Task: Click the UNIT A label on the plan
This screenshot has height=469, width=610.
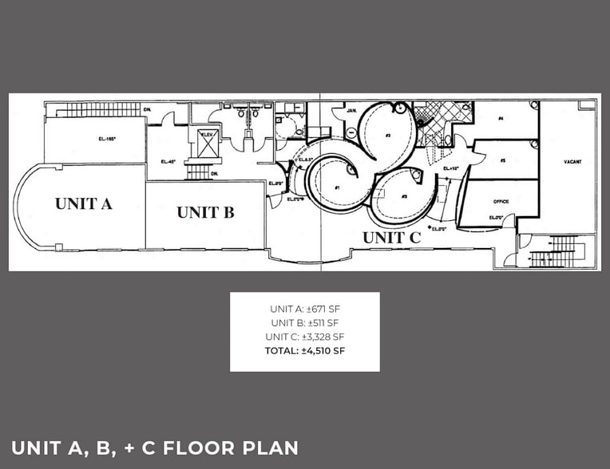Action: coord(84,203)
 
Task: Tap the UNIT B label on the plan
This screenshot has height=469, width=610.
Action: coord(205,212)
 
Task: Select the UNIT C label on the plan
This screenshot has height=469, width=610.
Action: coord(391,237)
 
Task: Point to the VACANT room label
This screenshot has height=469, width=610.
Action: coord(572,162)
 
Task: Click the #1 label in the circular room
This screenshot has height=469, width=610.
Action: coord(338,187)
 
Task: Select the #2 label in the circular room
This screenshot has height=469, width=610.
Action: coord(386,136)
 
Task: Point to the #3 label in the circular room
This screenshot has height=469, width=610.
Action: coord(405,196)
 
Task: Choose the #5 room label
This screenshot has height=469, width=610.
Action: coord(502,160)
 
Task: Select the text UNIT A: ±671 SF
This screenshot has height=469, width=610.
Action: coord(305,308)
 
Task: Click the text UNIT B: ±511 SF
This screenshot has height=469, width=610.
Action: coord(305,322)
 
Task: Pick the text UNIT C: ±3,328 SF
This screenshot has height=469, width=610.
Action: coord(305,336)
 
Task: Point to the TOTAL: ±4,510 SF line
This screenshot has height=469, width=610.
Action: coord(305,349)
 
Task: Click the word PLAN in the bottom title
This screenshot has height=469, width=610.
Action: coord(269,447)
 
